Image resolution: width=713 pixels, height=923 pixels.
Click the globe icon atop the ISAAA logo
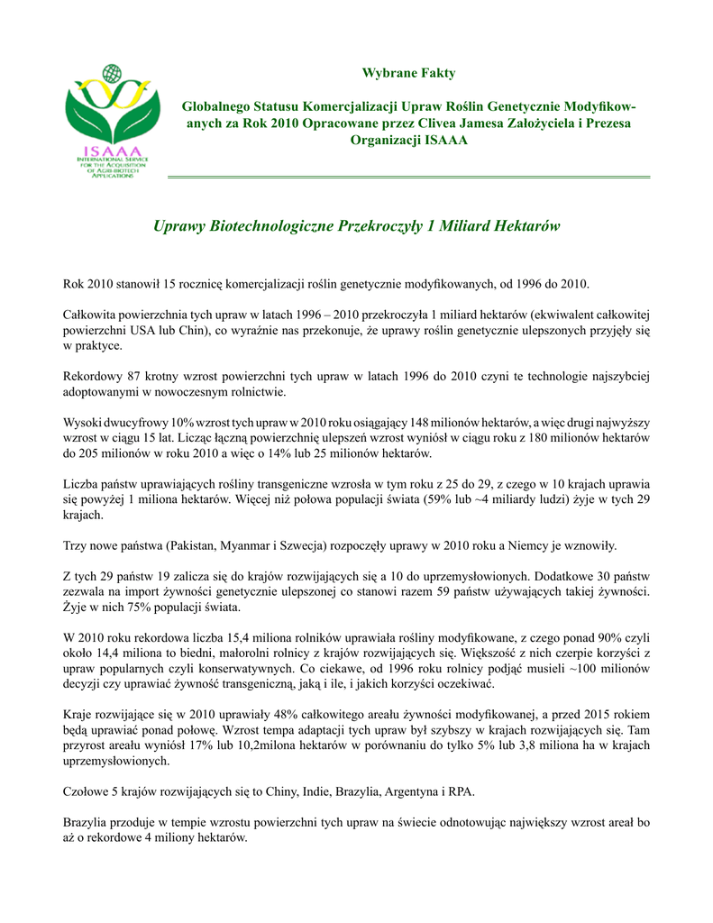111,73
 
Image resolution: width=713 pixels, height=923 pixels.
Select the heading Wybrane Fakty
408,73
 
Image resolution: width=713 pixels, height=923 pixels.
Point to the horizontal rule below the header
408,177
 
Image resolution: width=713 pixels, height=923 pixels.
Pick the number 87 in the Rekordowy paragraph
137,376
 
